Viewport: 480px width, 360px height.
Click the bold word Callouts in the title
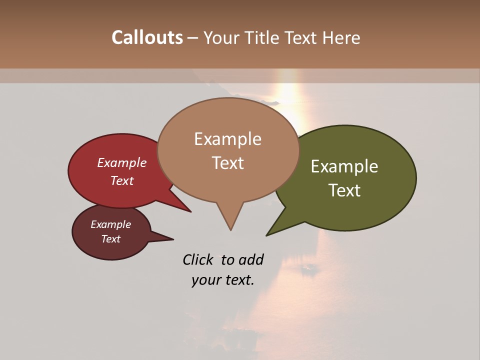click(147, 37)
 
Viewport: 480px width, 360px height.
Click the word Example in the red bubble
click(122, 162)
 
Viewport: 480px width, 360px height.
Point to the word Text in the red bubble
click(122, 180)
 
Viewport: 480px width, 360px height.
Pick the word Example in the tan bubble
click(227, 139)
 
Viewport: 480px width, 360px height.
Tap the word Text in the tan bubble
click(227, 163)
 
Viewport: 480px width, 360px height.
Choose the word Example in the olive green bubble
click(344, 166)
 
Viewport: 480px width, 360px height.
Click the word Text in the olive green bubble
click(344, 190)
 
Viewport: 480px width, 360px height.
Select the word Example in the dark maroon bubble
click(110, 224)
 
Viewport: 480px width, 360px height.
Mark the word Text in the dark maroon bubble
click(110, 239)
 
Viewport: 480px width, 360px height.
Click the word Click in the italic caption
click(198, 259)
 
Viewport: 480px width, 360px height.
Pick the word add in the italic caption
click(251, 259)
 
